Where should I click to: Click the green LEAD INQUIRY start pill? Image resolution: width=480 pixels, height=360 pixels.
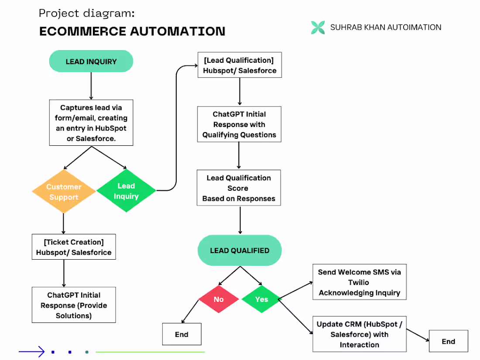[91, 62]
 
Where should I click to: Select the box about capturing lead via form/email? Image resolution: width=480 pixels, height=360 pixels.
[91, 123]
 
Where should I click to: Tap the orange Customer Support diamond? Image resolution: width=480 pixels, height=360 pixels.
[64, 192]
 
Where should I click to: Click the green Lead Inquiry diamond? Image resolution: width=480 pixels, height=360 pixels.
[126, 191]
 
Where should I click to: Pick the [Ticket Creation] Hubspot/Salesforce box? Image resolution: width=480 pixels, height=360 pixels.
[73, 247]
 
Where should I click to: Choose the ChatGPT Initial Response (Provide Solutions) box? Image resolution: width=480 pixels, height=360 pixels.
[73, 305]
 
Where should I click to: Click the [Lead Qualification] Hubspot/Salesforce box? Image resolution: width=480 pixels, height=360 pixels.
[239, 65]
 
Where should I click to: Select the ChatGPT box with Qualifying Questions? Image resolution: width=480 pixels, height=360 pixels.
[239, 124]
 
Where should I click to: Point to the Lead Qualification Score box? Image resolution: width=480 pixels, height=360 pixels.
[239, 188]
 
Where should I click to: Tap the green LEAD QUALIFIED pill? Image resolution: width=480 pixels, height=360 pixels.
[240, 250]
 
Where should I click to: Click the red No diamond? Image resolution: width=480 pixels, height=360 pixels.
[219, 299]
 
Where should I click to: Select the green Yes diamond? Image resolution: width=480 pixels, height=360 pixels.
[261, 299]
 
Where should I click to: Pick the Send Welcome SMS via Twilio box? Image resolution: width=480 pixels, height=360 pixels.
[359, 282]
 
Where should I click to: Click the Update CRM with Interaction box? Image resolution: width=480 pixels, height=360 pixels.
[359, 334]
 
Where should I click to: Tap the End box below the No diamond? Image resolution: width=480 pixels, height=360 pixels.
[182, 334]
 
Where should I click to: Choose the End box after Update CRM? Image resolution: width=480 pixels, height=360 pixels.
[448, 341]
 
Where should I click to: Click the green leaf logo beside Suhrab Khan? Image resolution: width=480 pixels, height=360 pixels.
[318, 27]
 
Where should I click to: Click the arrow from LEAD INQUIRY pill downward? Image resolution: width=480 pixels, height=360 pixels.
[91, 86]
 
